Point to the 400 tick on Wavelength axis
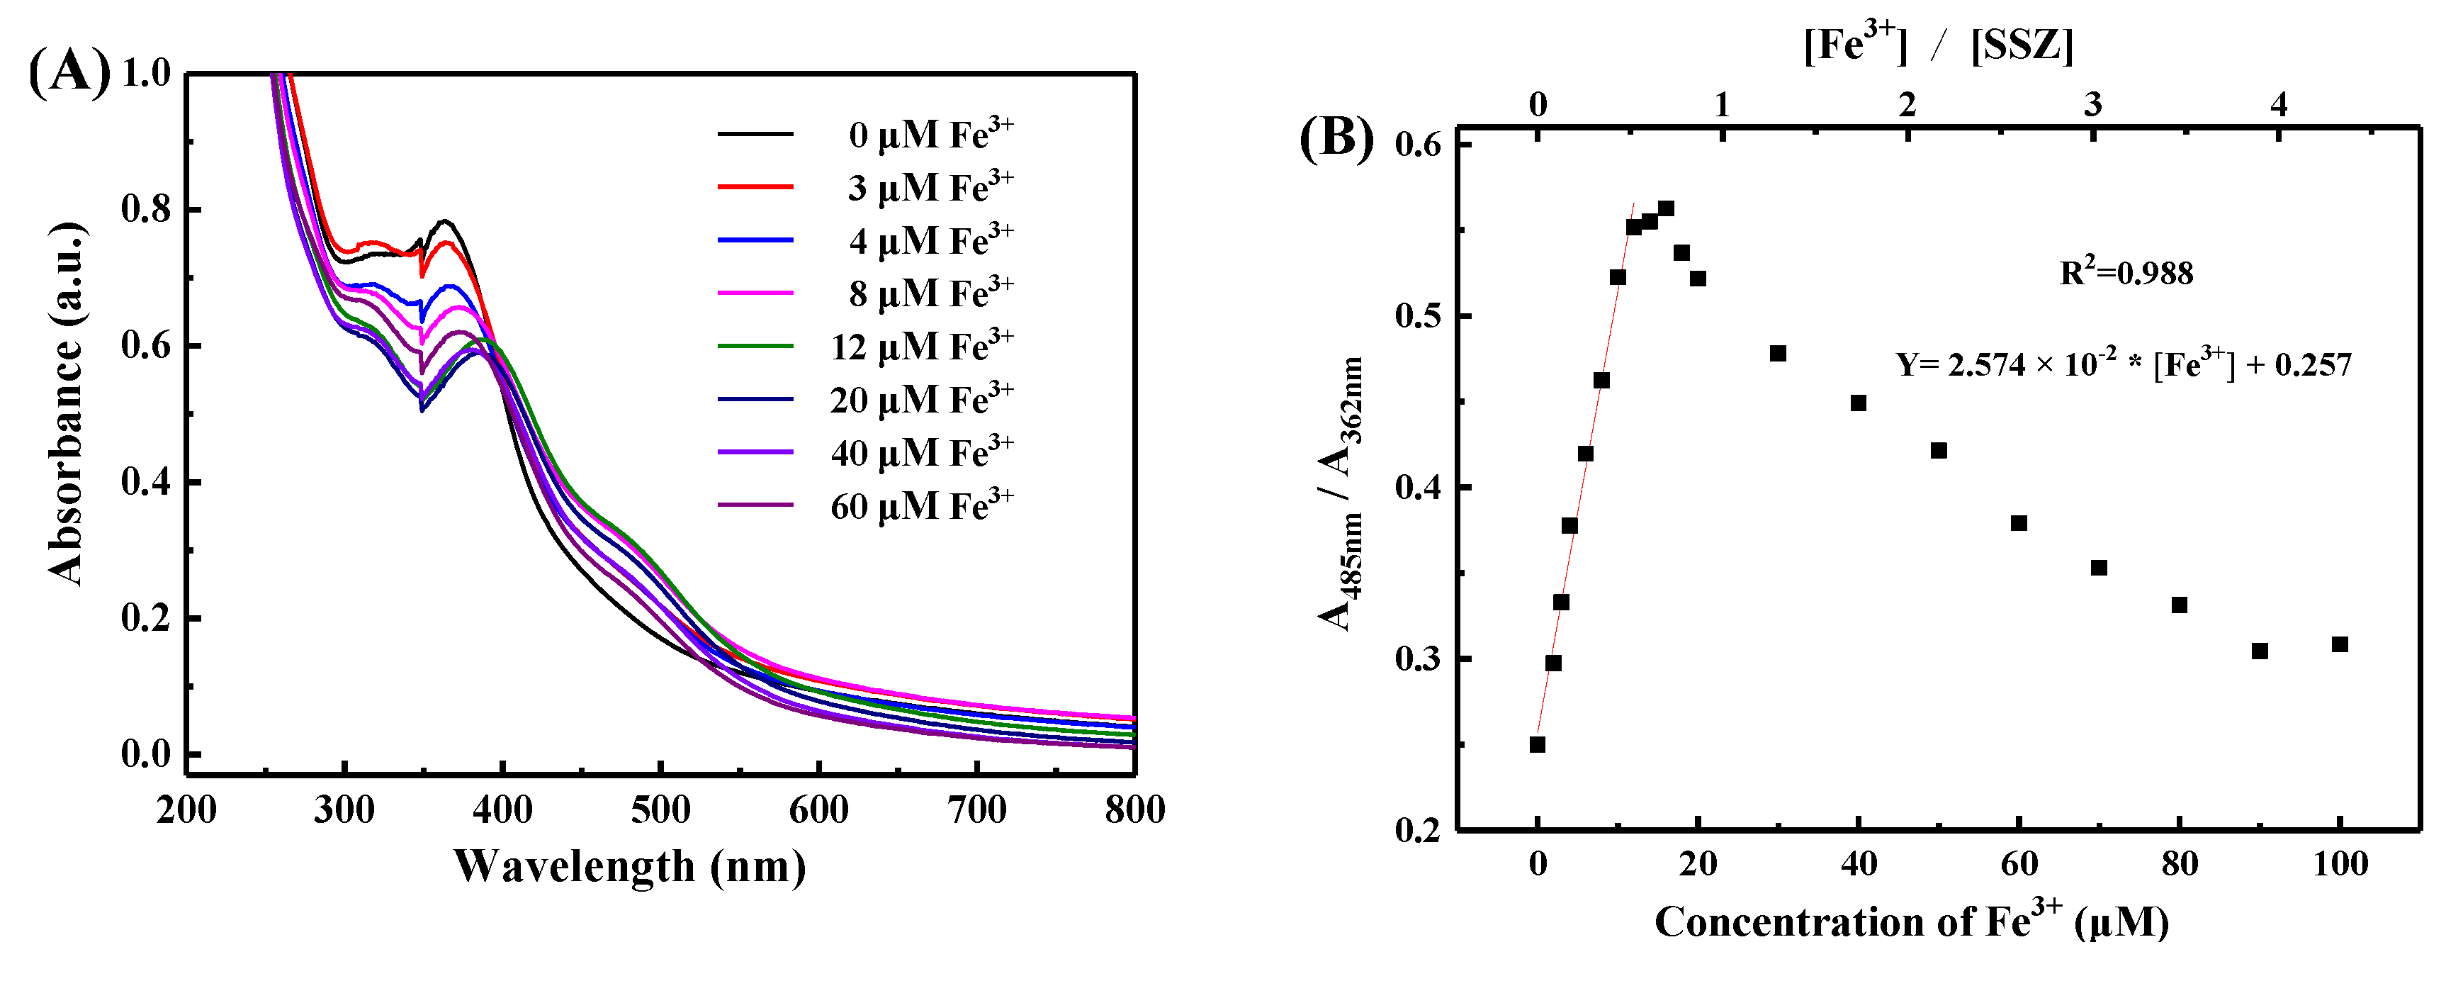(x=502, y=809)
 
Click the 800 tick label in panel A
(x=1134, y=809)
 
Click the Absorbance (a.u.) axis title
(x=65, y=403)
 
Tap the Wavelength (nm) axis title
(x=629, y=866)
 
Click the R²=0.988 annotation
(x=2126, y=274)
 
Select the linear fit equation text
(x=2123, y=364)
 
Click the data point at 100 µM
(x=2340, y=644)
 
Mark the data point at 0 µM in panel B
(x=1538, y=744)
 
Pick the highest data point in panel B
(x=1665, y=208)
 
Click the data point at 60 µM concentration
(x=2019, y=523)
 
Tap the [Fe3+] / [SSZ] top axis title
(x=1938, y=45)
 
